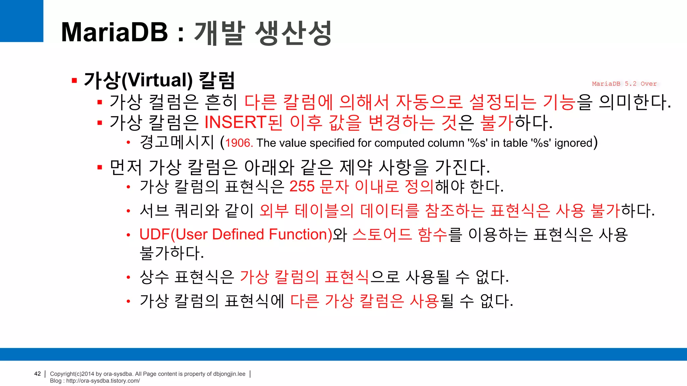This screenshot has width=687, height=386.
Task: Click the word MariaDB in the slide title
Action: pyautogui.click(x=114, y=32)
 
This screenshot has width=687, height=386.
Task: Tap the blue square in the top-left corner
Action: pyautogui.click(x=21, y=21)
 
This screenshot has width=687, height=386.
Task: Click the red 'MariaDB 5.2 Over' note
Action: pyautogui.click(x=624, y=84)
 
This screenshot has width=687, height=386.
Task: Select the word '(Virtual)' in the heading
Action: pyautogui.click(x=157, y=80)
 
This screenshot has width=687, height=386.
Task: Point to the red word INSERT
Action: pyautogui.click(x=235, y=122)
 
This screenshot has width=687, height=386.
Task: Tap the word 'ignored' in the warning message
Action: pyautogui.click(x=573, y=143)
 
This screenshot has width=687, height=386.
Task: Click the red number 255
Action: pyautogui.click(x=302, y=186)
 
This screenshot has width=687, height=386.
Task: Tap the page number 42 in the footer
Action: pyautogui.click(x=38, y=374)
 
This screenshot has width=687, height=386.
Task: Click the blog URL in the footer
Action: pyautogui.click(x=103, y=381)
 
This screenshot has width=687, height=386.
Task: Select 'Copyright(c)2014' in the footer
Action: pyautogui.click(x=72, y=374)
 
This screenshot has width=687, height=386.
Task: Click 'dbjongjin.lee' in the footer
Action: pyautogui.click(x=229, y=374)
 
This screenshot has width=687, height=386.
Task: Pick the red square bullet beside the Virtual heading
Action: pyautogui.click(x=74, y=80)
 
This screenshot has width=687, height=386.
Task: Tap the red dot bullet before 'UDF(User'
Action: pyautogui.click(x=128, y=235)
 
